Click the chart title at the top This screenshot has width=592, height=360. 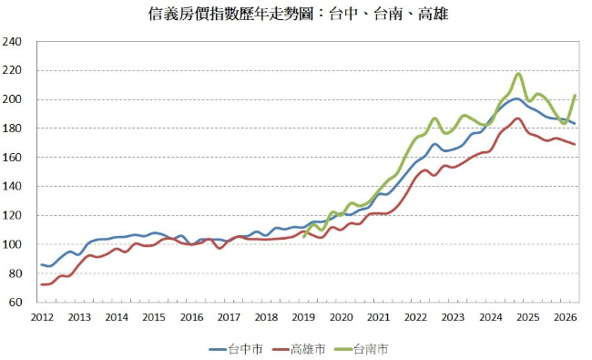[298, 15]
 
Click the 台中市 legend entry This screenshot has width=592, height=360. [236, 349]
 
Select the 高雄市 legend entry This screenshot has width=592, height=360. [298, 349]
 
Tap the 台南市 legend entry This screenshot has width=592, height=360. [361, 349]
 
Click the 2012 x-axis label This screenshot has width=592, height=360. [42, 317]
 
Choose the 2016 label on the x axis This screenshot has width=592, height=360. [191, 317]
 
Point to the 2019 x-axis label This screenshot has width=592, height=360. [303, 317]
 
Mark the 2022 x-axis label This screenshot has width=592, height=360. [415, 317]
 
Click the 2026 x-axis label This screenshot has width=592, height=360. [566, 317]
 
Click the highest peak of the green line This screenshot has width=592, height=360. [518, 74]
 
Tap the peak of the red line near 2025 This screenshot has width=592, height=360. [518, 118]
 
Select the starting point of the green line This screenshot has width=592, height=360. [304, 237]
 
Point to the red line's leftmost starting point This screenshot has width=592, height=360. [41, 284]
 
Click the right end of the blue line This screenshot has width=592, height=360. [575, 124]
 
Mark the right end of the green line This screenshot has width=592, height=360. [575, 95]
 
